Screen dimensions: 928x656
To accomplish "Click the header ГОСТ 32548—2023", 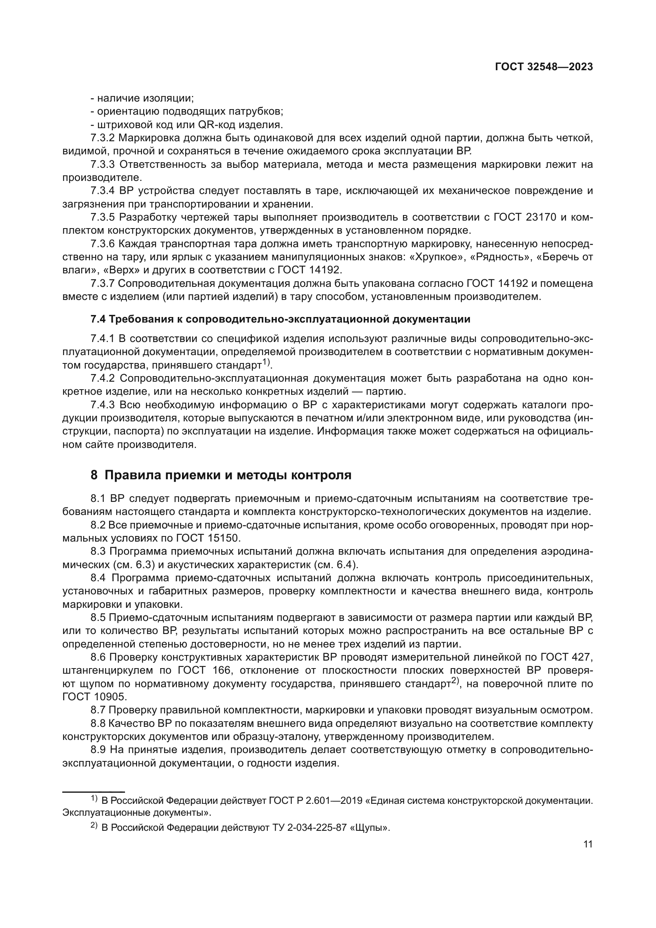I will point(544,67).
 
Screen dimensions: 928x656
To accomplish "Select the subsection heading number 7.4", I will point(98,319).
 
